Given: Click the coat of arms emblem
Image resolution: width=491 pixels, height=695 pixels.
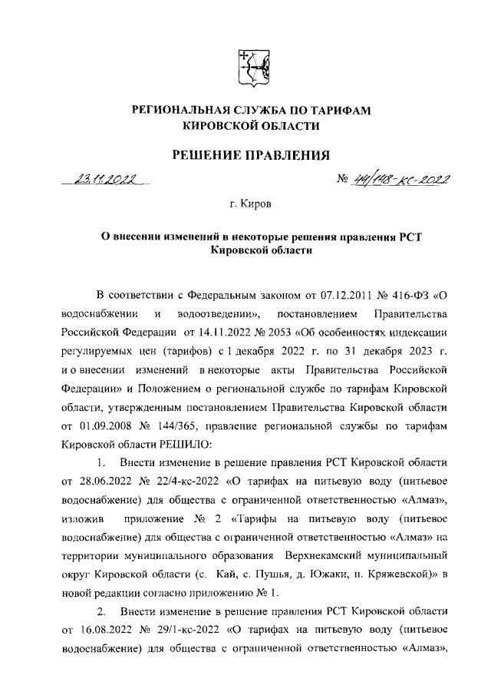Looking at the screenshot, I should (251, 68).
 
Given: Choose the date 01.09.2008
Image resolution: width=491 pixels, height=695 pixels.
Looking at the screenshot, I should (97, 424).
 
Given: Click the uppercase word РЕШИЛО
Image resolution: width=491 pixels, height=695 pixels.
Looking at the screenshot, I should (173, 444).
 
